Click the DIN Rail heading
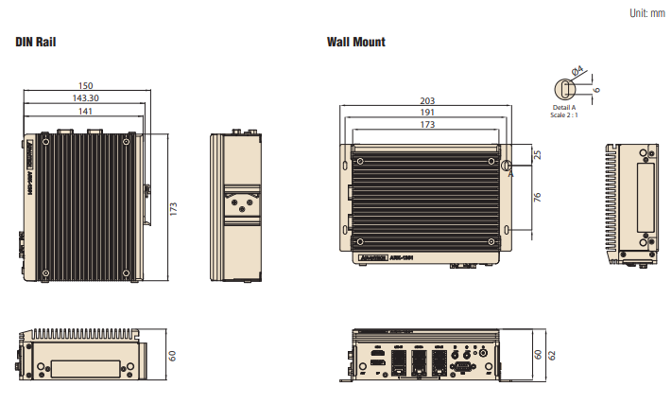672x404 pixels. coord(41,43)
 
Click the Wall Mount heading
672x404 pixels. coord(356,43)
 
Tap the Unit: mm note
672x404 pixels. coord(646,12)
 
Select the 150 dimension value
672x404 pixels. coord(85,86)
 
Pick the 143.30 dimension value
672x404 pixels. coord(85,98)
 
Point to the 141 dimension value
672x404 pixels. coord(85,111)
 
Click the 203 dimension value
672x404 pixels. coord(427,100)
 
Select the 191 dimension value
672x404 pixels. coord(427,113)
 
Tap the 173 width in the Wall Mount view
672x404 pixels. coord(427,125)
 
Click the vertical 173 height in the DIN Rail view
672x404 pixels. coord(174,208)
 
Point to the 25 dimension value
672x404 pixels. coord(537,155)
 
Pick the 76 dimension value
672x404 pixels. coord(537,198)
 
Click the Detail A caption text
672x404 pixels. coord(563,108)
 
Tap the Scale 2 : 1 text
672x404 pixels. coord(563,115)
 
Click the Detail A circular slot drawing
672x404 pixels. coord(564,89)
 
